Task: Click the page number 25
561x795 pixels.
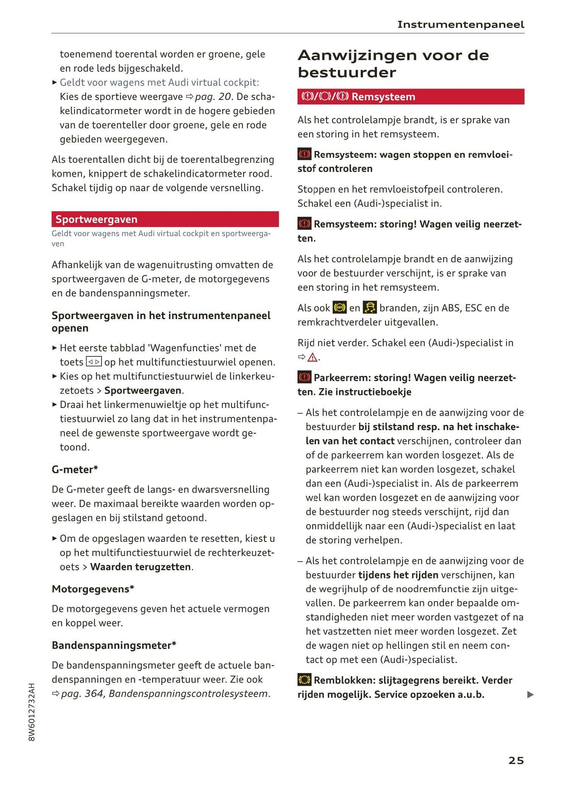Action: pos(516,760)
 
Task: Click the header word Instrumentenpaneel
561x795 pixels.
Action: pos(460,24)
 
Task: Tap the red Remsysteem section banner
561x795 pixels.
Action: pos(410,97)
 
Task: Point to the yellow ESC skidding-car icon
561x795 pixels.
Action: pos(370,308)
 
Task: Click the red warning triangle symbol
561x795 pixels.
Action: pos(312,358)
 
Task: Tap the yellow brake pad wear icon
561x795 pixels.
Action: pos(304,680)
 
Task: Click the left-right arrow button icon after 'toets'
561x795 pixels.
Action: pos(94,362)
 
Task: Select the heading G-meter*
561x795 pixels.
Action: pos(75,469)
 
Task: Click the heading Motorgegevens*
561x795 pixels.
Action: pos(93,589)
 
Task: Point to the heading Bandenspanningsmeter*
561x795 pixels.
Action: pos(114,645)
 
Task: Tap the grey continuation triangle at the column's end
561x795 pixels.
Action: pos(530,695)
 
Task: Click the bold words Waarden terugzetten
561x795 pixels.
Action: pos(141,567)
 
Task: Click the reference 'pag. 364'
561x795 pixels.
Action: pos(82,693)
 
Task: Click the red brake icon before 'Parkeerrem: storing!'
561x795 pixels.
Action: pos(304,377)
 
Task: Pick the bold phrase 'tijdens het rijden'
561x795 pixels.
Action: pos(398,575)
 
